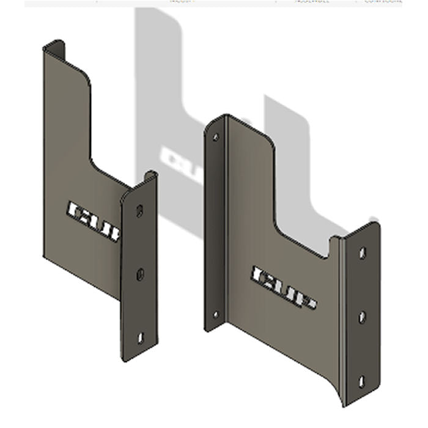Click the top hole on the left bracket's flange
[x=139, y=211]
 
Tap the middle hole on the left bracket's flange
[x=140, y=275]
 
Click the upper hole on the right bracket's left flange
[x=215, y=138]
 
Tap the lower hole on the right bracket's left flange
[x=215, y=315]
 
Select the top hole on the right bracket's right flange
[x=363, y=252]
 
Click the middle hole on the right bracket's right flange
[x=362, y=317]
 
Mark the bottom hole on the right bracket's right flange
[x=361, y=382]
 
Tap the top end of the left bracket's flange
[x=149, y=176]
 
